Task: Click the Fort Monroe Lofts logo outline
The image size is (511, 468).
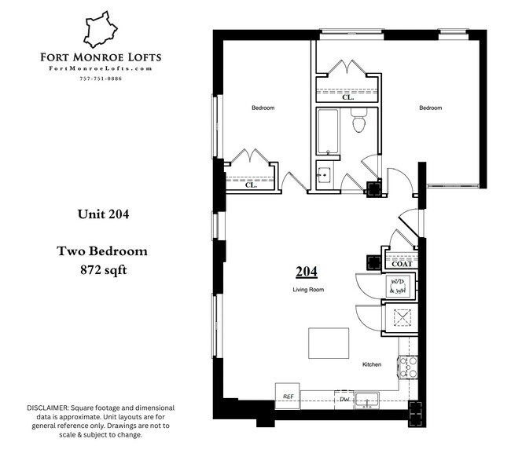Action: click(100, 30)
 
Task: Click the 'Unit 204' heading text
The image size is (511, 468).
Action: click(102, 214)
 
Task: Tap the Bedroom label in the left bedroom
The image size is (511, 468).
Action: click(263, 108)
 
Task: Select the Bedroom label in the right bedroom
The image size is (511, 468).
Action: click(430, 108)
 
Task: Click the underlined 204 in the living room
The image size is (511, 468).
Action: click(306, 272)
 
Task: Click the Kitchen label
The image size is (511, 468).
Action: click(372, 365)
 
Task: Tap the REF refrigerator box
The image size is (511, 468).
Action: click(288, 397)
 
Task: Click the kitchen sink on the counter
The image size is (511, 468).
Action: click(367, 400)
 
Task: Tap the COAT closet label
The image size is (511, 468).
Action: click(401, 264)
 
